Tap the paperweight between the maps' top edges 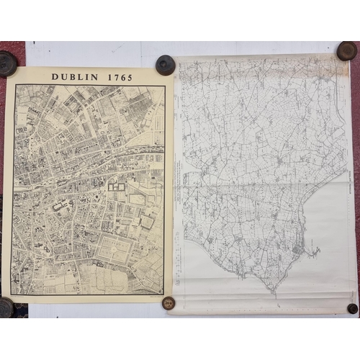coord(165,65)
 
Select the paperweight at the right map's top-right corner coord(346,50)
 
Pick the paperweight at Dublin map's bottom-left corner coord(6,307)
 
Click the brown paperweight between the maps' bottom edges coord(168,303)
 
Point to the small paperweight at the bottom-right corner coord(352,308)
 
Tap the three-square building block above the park coord(117,186)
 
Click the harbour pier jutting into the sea coord(314,252)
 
